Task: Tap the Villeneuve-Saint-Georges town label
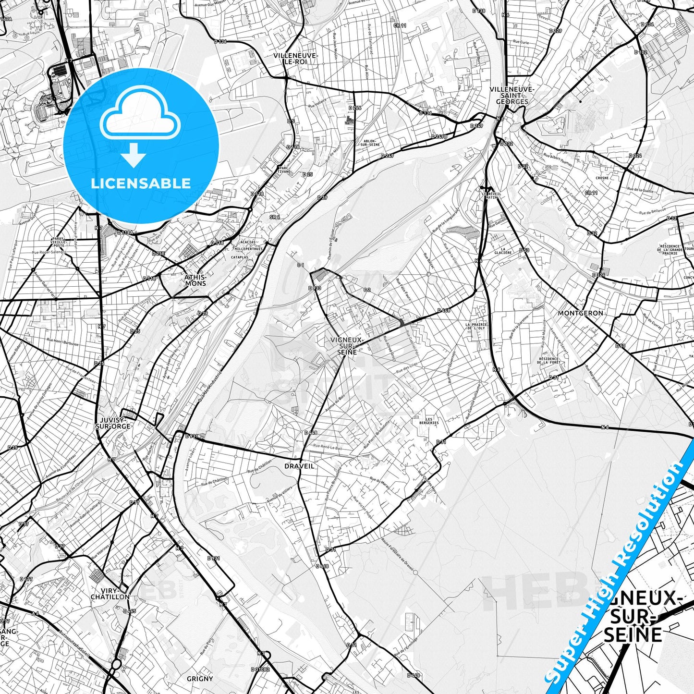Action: [x=512, y=95]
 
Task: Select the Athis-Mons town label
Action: [x=195, y=280]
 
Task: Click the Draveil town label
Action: [x=299, y=466]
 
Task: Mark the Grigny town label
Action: [x=199, y=679]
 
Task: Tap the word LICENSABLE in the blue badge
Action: [x=141, y=183]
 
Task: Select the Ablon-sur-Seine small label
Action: [x=369, y=143]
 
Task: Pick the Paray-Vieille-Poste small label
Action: [x=59, y=242]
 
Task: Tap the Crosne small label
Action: [x=602, y=178]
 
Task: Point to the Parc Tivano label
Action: [x=284, y=170]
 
